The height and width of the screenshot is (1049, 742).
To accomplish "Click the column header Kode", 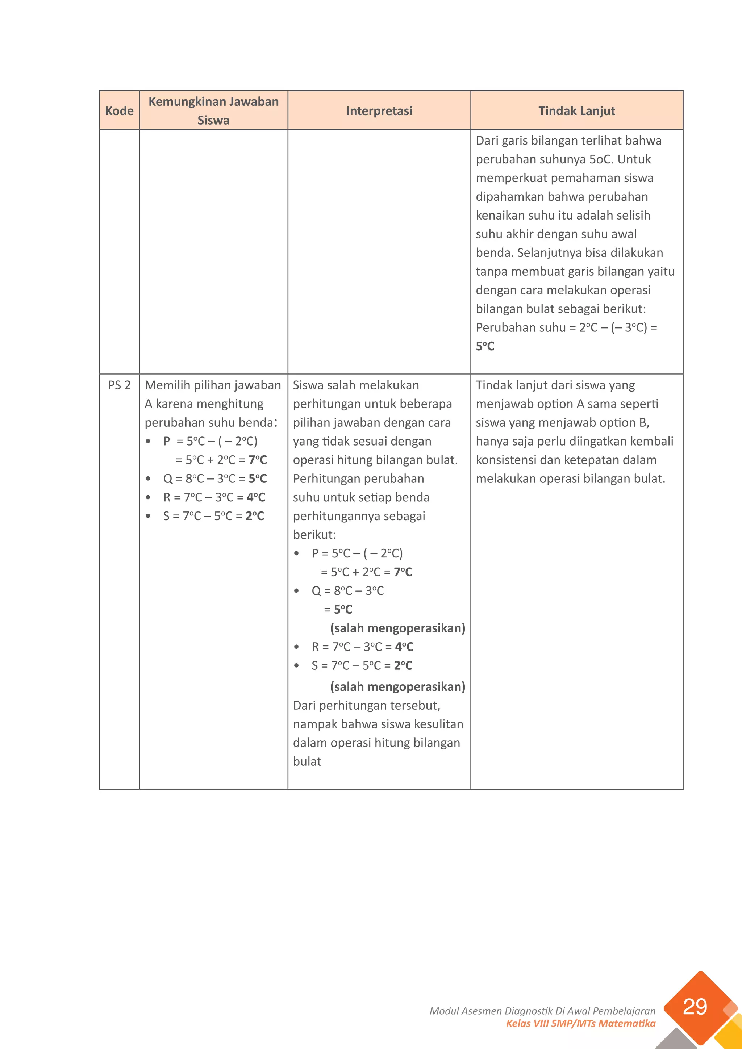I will (x=119, y=110).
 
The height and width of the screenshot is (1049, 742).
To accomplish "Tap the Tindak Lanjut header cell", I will (x=576, y=110).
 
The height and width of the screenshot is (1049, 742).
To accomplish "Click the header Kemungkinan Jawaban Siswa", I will (x=213, y=110).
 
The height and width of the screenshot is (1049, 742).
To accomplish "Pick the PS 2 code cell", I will (x=119, y=385).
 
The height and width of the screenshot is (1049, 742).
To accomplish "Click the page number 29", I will (x=695, y=1007).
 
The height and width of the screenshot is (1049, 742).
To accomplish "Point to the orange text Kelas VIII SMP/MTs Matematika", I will (x=580, y=1023).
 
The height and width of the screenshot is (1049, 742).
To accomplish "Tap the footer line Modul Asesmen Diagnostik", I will (x=542, y=1011).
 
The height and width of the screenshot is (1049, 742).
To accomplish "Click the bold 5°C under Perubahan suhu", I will (x=485, y=346).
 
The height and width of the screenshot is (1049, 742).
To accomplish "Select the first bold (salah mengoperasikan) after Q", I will (x=397, y=628).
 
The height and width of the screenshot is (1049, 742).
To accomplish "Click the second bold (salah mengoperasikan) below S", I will (x=397, y=687).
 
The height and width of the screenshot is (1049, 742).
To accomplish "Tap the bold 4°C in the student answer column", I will (x=256, y=497).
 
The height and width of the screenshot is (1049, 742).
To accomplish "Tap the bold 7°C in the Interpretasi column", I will (x=403, y=572).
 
